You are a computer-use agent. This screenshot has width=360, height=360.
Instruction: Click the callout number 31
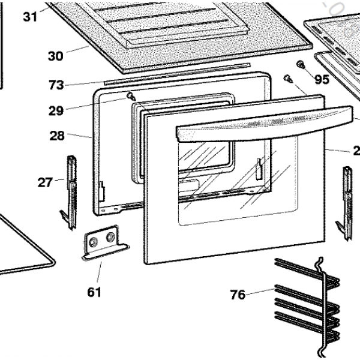(30, 16)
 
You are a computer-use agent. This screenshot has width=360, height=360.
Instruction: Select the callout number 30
(55, 56)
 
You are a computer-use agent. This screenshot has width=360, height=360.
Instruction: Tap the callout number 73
(56, 85)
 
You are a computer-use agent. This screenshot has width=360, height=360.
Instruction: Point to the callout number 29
(56, 110)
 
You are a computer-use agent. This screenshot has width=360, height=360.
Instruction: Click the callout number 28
(57, 136)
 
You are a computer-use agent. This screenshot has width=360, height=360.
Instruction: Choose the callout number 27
(45, 182)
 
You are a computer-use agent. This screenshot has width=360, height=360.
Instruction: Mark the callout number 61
(94, 292)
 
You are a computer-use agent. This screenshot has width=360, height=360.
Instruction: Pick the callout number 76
(238, 295)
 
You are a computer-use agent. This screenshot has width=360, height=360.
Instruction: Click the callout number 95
(322, 80)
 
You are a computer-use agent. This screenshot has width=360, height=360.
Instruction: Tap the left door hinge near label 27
(71, 192)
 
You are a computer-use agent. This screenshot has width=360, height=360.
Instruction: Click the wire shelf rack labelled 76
(306, 300)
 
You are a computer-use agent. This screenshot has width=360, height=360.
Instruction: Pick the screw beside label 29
(130, 96)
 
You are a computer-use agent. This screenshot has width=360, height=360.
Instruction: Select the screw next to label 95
(301, 65)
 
